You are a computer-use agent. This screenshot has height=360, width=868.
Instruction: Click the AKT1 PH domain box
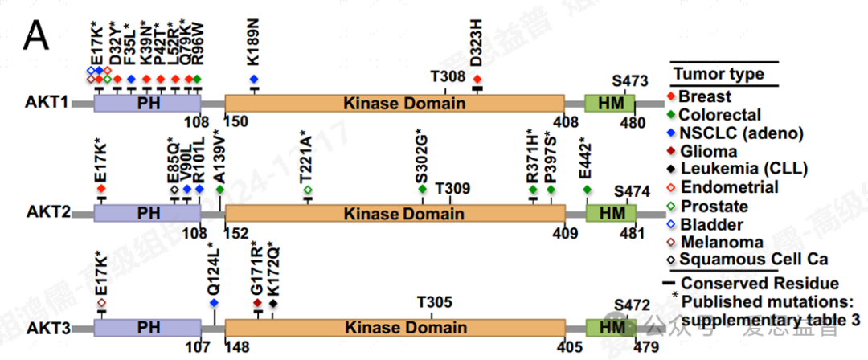click(x=147, y=104)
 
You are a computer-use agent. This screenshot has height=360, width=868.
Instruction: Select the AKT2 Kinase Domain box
click(x=395, y=213)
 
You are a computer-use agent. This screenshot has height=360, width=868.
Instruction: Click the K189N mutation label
click(x=253, y=48)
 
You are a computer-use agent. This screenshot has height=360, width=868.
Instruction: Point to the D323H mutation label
click(x=477, y=47)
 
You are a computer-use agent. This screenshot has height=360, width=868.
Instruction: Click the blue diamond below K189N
click(x=254, y=79)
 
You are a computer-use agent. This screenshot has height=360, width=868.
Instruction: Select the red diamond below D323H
click(x=477, y=79)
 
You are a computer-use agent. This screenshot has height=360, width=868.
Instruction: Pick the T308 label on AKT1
click(x=448, y=76)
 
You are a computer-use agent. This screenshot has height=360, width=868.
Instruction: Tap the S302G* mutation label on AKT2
click(x=421, y=157)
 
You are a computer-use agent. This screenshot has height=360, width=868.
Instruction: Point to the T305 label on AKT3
click(x=434, y=301)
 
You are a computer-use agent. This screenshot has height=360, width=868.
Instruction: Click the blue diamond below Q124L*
click(x=214, y=302)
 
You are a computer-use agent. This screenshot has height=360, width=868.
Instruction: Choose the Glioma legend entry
click(x=707, y=151)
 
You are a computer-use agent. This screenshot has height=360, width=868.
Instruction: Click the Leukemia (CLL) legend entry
click(x=735, y=169)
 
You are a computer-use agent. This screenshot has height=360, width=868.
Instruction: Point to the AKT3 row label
click(x=47, y=329)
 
